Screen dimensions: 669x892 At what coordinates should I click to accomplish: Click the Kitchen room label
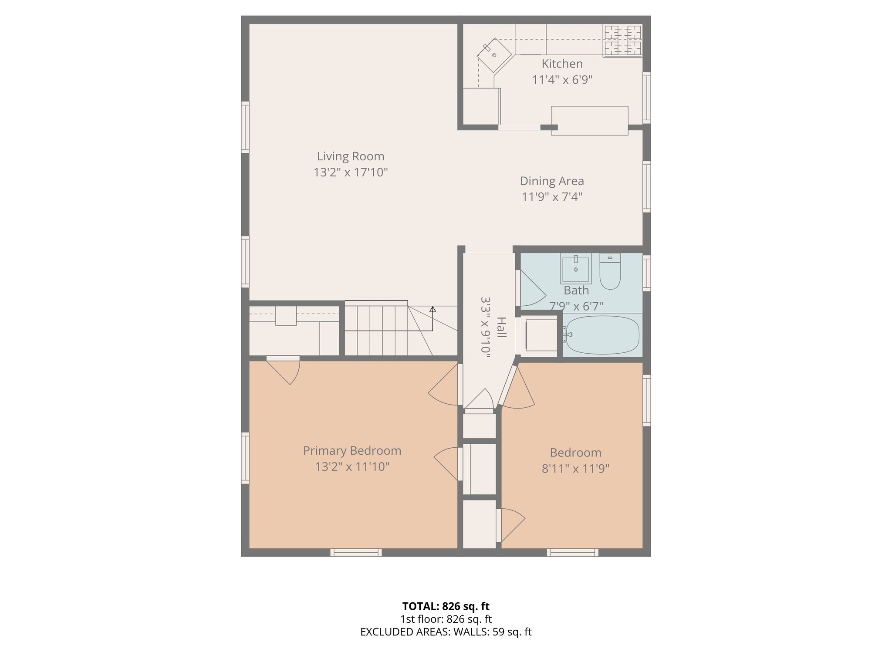(x=562, y=64)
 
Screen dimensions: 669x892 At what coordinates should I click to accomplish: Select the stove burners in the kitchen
(x=622, y=41)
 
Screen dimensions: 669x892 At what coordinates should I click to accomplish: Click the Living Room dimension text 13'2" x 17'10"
(x=351, y=172)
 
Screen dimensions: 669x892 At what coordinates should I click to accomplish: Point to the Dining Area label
(x=552, y=181)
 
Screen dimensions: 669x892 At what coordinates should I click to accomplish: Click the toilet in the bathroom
(x=610, y=272)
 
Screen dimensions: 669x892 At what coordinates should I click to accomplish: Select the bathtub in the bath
(x=601, y=334)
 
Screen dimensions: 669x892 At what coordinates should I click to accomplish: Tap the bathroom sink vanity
(x=575, y=269)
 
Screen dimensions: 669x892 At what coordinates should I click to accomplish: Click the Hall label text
(x=501, y=327)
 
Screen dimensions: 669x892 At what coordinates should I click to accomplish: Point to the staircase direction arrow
(x=432, y=310)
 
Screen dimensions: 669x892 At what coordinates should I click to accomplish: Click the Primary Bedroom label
(x=352, y=451)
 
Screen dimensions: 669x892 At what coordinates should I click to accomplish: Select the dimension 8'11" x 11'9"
(x=575, y=469)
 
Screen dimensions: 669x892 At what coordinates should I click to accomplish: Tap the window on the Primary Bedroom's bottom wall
(x=356, y=552)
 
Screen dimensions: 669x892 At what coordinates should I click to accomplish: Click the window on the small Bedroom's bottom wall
(x=572, y=552)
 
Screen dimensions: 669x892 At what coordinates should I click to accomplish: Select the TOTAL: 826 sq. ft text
(x=446, y=606)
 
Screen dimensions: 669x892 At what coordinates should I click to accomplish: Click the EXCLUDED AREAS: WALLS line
(x=446, y=632)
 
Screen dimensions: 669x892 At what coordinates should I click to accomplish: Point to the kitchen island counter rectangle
(x=589, y=121)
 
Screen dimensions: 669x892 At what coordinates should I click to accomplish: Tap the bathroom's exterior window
(x=647, y=273)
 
